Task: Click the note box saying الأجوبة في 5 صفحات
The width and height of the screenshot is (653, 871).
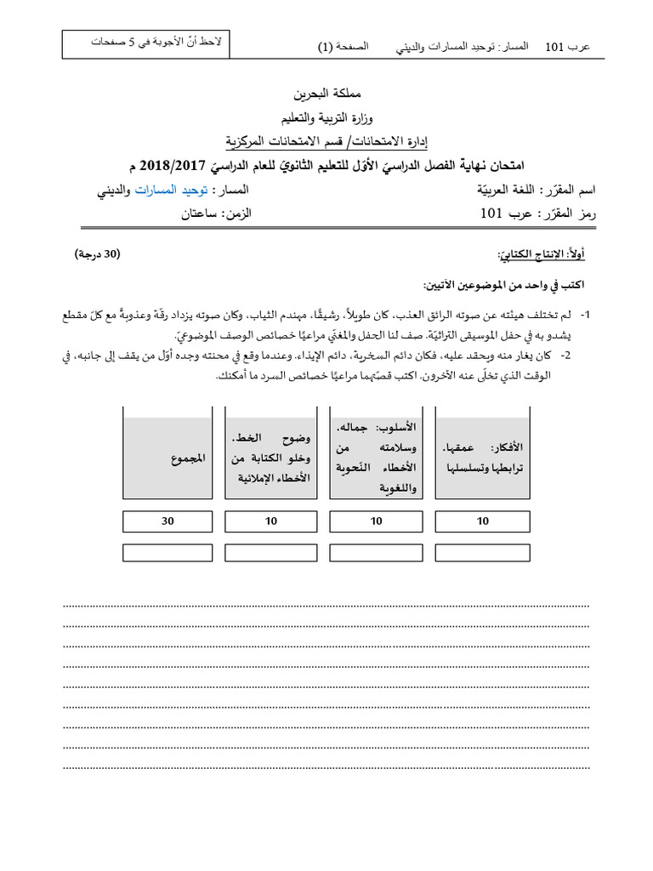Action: pos(154,43)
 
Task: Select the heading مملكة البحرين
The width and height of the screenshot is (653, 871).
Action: pos(326,92)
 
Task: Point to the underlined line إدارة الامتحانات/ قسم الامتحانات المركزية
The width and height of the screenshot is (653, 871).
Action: pos(326,139)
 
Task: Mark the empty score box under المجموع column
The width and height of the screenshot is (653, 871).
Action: pos(167,552)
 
